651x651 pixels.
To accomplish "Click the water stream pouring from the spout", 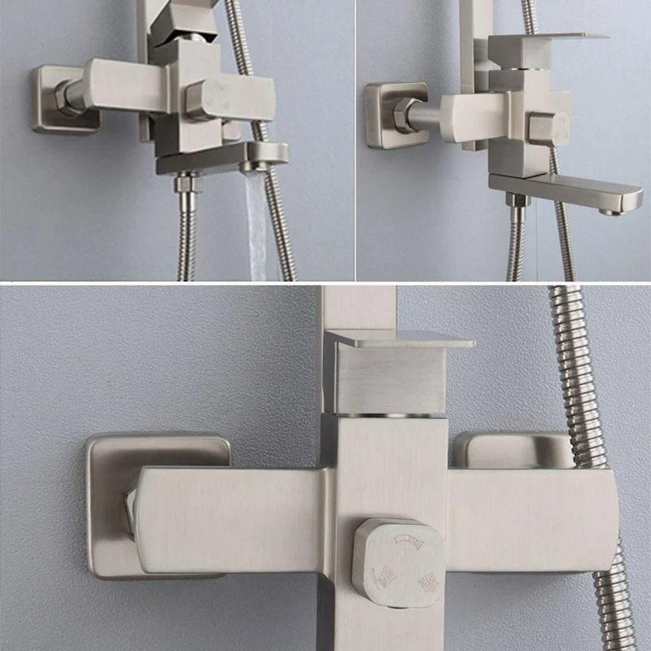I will tap(259, 220).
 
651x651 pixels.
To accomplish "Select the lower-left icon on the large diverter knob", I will tap(383, 578).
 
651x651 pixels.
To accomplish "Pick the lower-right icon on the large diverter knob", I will tap(426, 583).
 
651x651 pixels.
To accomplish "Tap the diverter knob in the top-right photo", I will tap(548, 129).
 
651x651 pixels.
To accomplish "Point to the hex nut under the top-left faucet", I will tap(187, 185).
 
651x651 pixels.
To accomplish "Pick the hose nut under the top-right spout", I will tap(516, 200).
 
